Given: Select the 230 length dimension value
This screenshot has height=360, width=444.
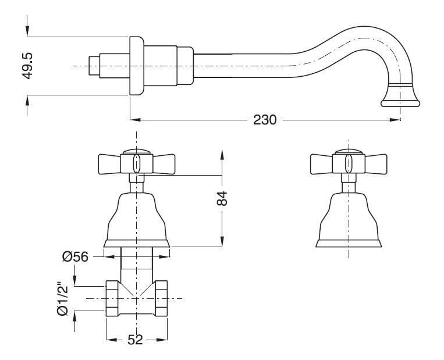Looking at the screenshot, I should (x=265, y=120).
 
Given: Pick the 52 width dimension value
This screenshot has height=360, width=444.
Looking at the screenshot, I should (x=135, y=340).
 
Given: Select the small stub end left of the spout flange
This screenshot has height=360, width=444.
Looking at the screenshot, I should (x=93, y=66).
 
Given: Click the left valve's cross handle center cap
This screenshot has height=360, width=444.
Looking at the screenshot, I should (x=136, y=162).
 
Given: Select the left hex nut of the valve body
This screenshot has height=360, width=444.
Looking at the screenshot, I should (x=113, y=299).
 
